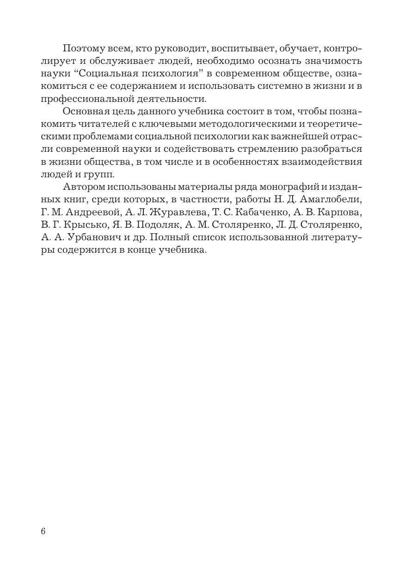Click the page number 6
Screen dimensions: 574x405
coord(43,531)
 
